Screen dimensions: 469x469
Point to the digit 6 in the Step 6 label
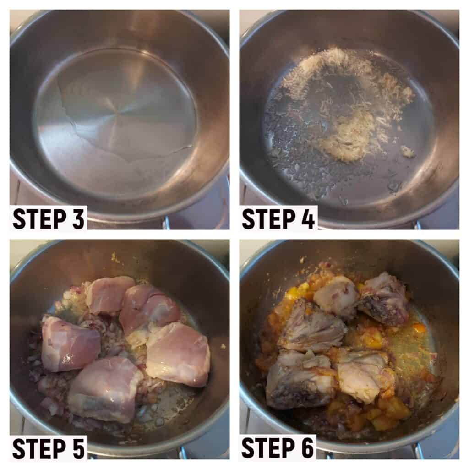[x=306, y=448]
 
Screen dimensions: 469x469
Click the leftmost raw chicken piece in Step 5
[x=70, y=344]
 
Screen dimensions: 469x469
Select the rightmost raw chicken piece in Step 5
[x=178, y=355]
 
